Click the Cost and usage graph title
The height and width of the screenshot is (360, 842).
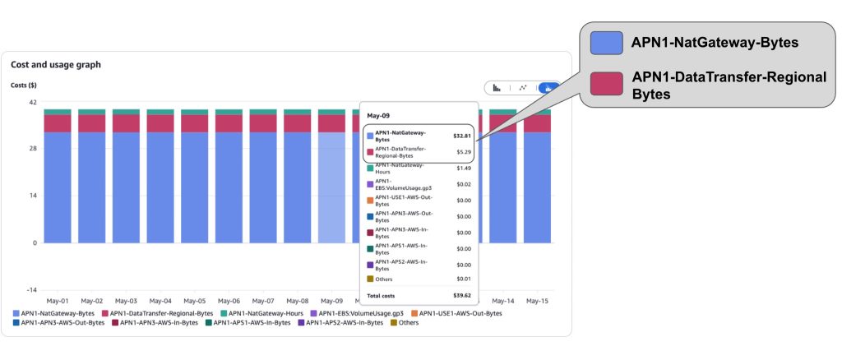56,64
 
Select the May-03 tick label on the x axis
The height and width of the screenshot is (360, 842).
126,301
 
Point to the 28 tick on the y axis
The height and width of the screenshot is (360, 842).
33,149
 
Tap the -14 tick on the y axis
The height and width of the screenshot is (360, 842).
31,290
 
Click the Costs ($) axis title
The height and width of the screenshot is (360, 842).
24,85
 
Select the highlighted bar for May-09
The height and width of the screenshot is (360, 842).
331,187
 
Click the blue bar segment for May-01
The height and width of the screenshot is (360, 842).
58,187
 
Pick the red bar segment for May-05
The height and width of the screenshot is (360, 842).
194,123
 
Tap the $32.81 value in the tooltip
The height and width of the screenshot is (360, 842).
462,136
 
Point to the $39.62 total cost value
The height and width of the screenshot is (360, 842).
462,296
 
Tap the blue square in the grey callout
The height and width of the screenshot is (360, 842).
606,43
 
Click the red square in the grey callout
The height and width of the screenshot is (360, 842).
606,84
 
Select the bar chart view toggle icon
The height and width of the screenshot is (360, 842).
497,88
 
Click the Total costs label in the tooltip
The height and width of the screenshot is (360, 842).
381,296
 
